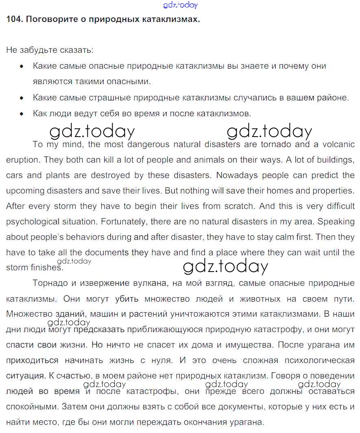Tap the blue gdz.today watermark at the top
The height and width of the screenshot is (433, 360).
pos(180,5)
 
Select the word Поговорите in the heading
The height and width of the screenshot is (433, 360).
pos(46,19)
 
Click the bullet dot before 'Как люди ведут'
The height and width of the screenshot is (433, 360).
pos(22,114)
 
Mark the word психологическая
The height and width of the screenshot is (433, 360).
pos(322,361)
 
